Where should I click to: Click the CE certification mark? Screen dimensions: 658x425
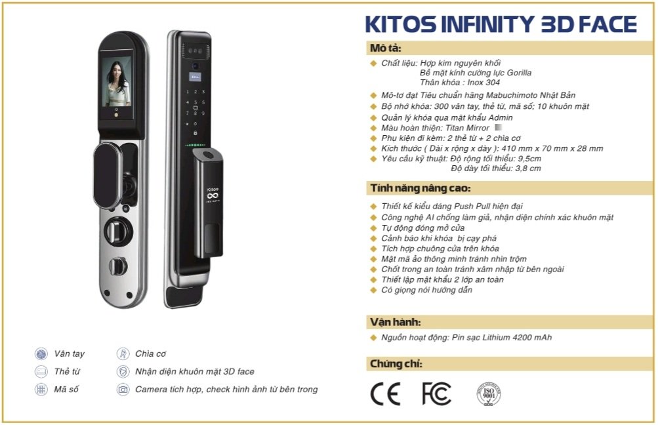coord(385,394)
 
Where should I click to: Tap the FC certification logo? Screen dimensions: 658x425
coord(436,394)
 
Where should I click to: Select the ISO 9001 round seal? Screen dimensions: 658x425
coord(489,394)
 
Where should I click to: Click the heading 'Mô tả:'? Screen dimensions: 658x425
coord(385,49)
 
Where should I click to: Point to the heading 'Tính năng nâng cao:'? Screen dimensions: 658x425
coord(420,188)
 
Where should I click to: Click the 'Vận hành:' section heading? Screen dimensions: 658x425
coord(395,322)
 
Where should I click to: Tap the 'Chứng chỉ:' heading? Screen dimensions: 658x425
coord(396,364)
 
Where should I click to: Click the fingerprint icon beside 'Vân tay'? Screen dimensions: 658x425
coord(41,354)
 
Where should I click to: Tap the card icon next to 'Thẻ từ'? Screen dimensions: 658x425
coord(41,372)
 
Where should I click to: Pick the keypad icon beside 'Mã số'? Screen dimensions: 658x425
coord(41,390)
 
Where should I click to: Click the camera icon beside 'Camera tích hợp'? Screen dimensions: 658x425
coord(123,390)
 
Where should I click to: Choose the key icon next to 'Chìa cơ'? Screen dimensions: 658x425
coord(123,354)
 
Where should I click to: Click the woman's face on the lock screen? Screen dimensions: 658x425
coord(117,71)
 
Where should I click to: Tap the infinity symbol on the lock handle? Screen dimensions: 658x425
coord(213,195)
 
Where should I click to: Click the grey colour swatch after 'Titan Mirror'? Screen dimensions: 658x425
coord(499,127)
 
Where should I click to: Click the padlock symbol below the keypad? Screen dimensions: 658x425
coord(195,132)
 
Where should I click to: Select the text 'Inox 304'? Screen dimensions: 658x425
coord(483,83)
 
